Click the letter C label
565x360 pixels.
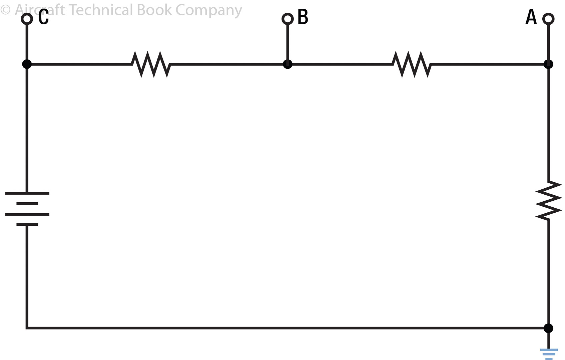pos(44,17)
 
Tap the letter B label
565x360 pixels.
pos(303,17)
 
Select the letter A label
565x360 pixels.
pos(531,17)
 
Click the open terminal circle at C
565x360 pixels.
pos(27,19)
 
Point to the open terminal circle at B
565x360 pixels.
pos(288,19)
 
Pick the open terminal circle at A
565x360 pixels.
pos(548,19)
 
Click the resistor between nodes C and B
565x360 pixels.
pos(151,64)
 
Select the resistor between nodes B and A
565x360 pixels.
pos(412,64)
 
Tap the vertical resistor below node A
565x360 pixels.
pos(548,200)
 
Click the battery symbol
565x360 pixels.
pos(27,209)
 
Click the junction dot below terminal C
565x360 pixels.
pos(27,64)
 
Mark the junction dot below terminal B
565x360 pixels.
pos(288,64)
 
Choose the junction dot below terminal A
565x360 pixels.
pos(548,64)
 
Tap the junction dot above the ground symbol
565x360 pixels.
pos(548,328)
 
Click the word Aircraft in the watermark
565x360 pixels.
pos(40,10)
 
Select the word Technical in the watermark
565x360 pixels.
pos(101,10)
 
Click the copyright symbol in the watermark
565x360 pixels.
pos(5,10)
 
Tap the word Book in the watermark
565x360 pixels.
pos(154,10)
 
